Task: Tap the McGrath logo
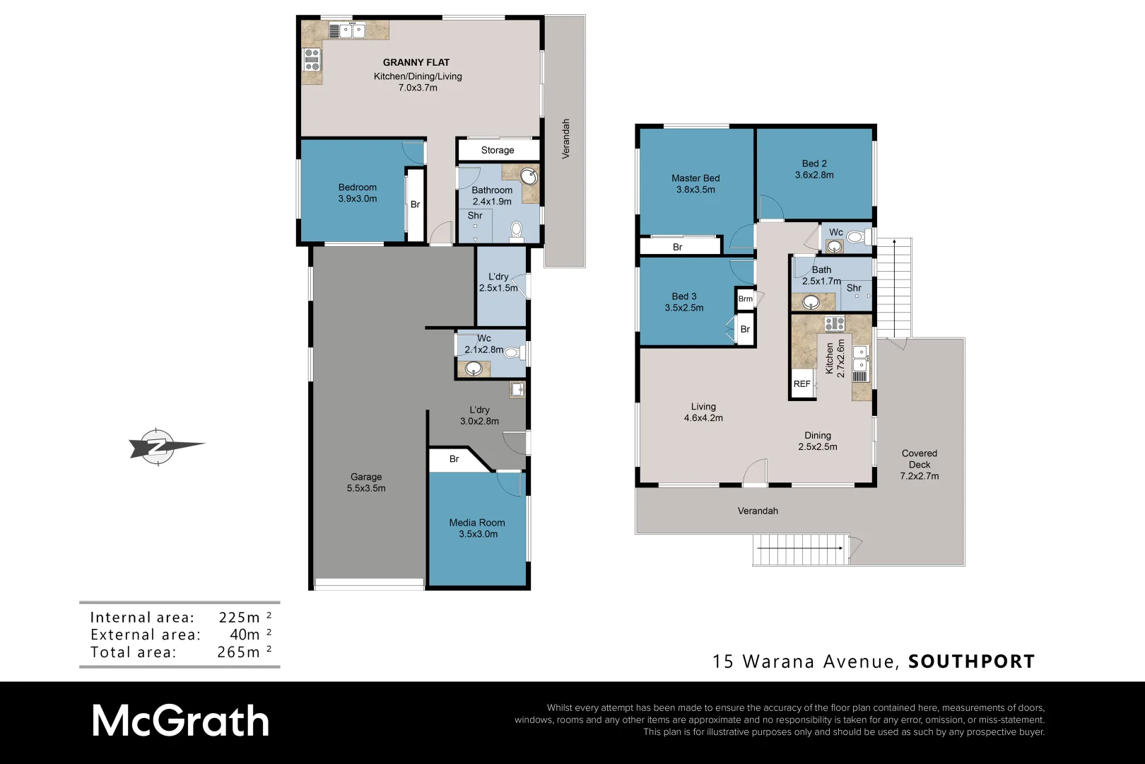click(x=181, y=722)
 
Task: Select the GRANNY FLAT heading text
click(x=416, y=62)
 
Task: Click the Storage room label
click(x=498, y=150)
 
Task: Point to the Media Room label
click(x=477, y=523)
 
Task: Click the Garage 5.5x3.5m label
click(x=366, y=482)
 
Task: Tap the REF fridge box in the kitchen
click(x=801, y=384)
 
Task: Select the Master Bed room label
click(x=695, y=178)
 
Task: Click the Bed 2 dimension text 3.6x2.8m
click(x=814, y=175)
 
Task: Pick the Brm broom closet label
click(x=745, y=299)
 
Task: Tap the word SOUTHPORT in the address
click(x=971, y=661)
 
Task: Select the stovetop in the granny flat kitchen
click(x=312, y=60)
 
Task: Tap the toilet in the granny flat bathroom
click(x=516, y=231)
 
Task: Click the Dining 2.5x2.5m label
click(x=817, y=441)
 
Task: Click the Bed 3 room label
click(x=683, y=296)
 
